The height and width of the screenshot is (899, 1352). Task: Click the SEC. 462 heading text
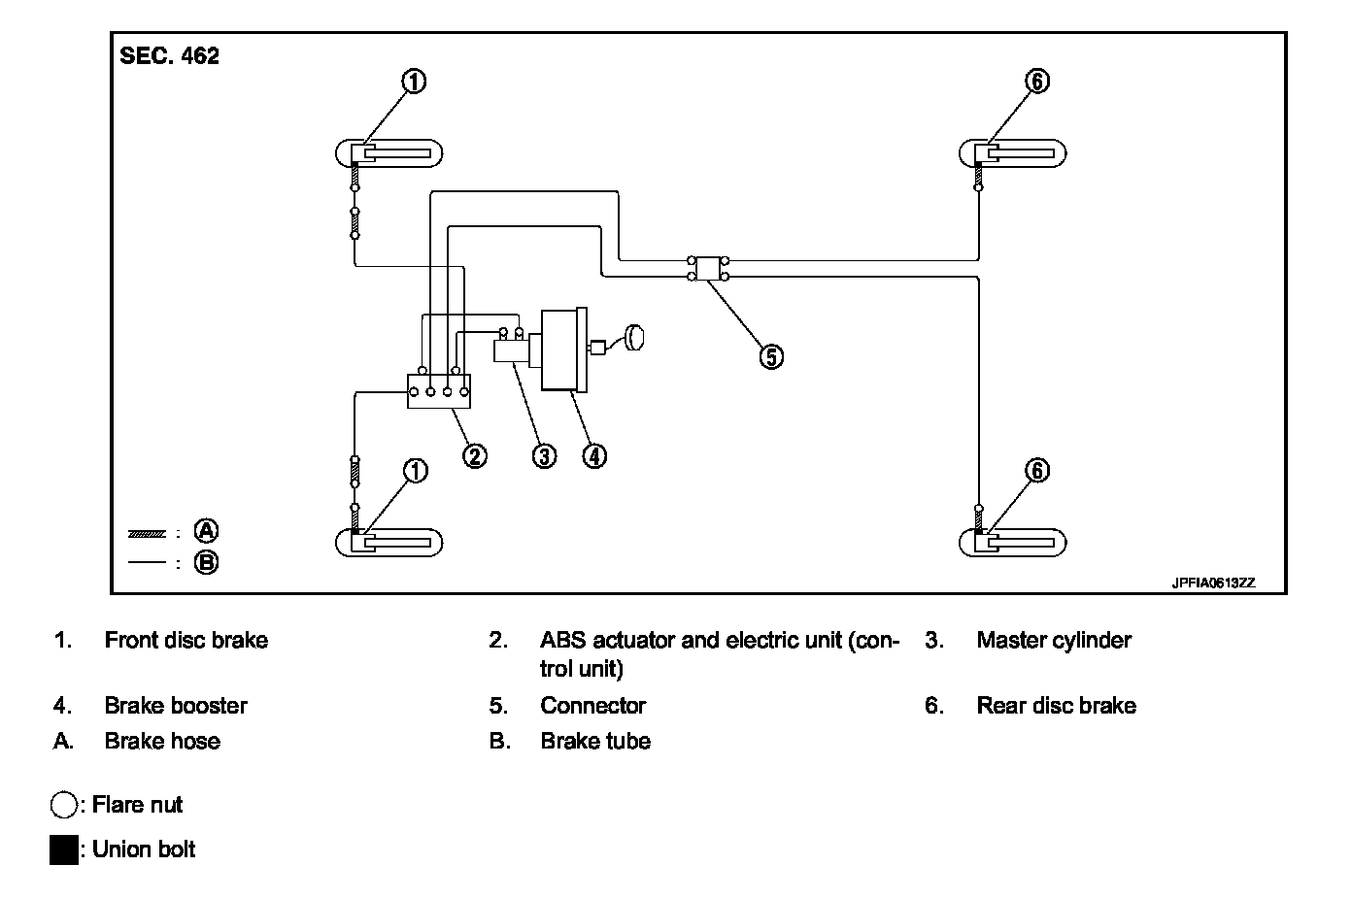tap(169, 55)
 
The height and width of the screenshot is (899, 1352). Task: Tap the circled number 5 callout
tap(771, 356)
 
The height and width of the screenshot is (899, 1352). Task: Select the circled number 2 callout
tap(474, 456)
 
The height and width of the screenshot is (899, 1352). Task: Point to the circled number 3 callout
tap(544, 456)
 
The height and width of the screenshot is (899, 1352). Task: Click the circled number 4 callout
tap(594, 456)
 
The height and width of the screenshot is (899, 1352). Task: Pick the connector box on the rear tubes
tap(708, 269)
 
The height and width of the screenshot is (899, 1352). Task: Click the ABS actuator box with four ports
tap(439, 391)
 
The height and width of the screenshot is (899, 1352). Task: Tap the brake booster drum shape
tap(564, 350)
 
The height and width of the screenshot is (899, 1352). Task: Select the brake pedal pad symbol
tap(634, 337)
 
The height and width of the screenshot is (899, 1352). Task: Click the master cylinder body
tap(512, 350)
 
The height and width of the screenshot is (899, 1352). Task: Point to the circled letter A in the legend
tap(206, 531)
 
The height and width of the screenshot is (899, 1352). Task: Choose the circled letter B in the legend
tap(206, 563)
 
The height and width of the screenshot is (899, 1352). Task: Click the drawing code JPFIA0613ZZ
tap(1213, 583)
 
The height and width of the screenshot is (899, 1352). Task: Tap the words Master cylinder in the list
tap(1054, 640)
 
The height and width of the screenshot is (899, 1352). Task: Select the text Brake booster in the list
tap(176, 706)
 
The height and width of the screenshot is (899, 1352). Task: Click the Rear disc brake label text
tap(1057, 706)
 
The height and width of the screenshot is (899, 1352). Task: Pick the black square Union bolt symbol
tap(64, 849)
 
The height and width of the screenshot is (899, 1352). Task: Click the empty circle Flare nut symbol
tap(64, 805)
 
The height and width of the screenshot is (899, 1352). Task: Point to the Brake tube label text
tap(595, 741)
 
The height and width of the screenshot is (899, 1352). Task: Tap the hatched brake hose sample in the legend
tap(147, 534)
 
